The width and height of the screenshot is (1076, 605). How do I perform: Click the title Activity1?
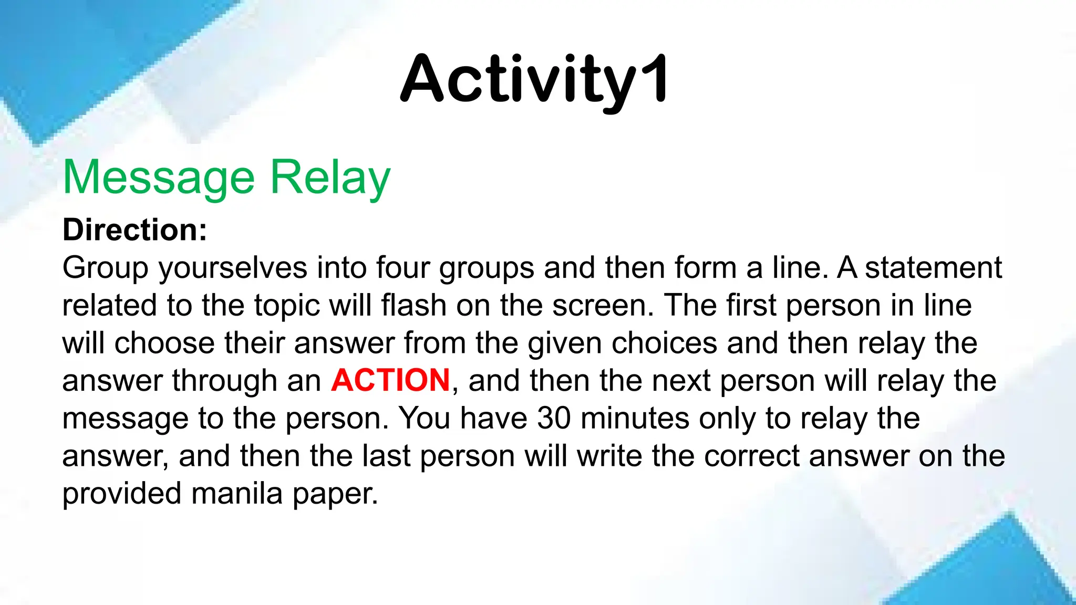click(534, 80)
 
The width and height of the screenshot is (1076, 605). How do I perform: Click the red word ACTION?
click(390, 380)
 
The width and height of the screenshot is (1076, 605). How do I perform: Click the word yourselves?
click(233, 268)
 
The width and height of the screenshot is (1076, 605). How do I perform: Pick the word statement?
click(933, 267)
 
